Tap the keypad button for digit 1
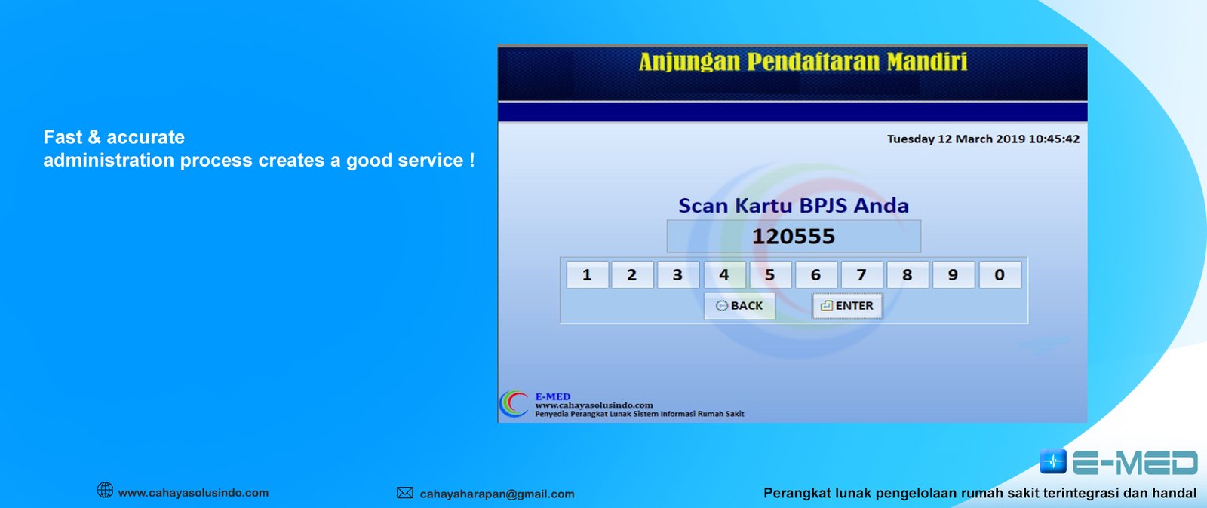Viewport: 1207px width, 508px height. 588,275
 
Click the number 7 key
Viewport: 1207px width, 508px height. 861,275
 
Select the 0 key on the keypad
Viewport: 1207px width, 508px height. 1000,275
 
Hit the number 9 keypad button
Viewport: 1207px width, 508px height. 954,275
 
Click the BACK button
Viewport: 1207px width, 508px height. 739,306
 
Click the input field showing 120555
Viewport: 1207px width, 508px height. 794,236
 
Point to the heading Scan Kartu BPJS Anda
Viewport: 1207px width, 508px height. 793,205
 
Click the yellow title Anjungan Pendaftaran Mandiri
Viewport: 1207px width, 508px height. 803,62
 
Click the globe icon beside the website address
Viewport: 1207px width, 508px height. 105,490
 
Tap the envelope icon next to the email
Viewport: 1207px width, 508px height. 404,492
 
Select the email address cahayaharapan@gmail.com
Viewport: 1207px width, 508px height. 497,494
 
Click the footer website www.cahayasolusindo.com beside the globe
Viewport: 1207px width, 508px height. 193,492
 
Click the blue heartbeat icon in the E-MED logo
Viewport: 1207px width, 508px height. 1053,462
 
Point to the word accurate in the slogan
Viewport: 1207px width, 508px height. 146,137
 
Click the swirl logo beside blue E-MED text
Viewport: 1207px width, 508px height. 514,403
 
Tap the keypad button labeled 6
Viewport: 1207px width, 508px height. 815,275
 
